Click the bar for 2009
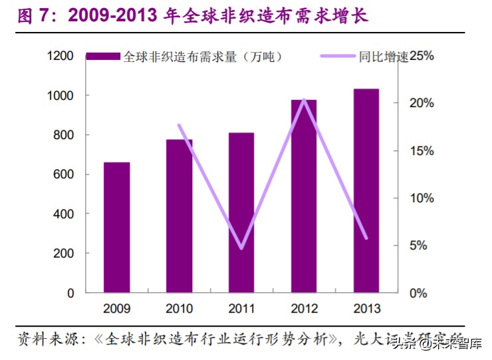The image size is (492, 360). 117,228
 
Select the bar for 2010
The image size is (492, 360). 180,216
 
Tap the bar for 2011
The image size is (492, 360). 241,213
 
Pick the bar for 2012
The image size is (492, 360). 304,196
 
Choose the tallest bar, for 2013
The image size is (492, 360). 366,191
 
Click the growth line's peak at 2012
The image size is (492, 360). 304,100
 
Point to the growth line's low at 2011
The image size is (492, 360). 241,248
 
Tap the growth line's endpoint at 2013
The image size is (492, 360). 366,238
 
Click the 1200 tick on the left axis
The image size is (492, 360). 60,57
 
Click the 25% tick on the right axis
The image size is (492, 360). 421,57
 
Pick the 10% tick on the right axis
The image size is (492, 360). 421,198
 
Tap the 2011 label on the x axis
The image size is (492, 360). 241,309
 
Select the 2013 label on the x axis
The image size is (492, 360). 366,309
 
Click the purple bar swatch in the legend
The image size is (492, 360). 104,57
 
